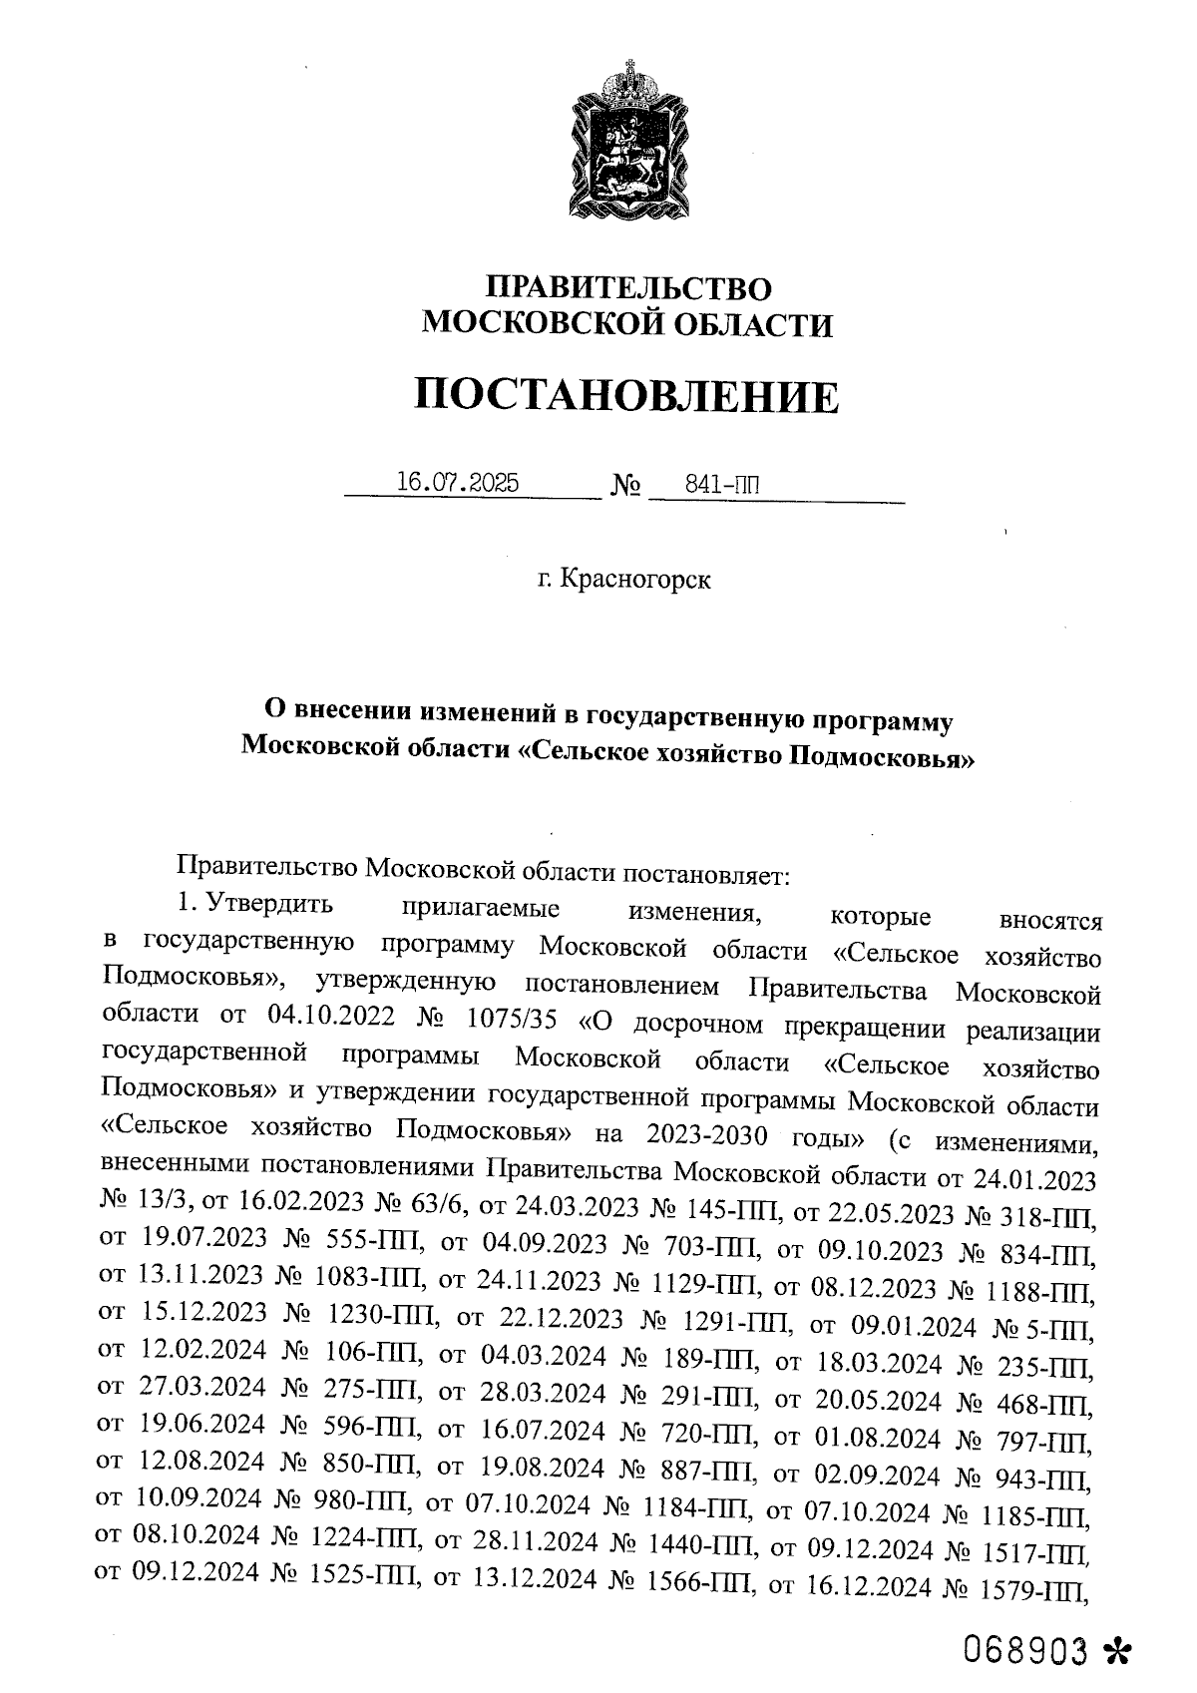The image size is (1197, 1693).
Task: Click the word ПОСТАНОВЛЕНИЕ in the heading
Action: click(x=626, y=397)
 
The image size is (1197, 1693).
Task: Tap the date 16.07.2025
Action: click(x=458, y=484)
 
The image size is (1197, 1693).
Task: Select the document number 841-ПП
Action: click(x=722, y=486)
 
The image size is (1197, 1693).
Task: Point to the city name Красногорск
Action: click(x=635, y=580)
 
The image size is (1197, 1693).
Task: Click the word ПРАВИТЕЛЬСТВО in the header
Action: click(x=628, y=288)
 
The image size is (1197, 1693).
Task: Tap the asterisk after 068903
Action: click(x=1117, y=1654)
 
